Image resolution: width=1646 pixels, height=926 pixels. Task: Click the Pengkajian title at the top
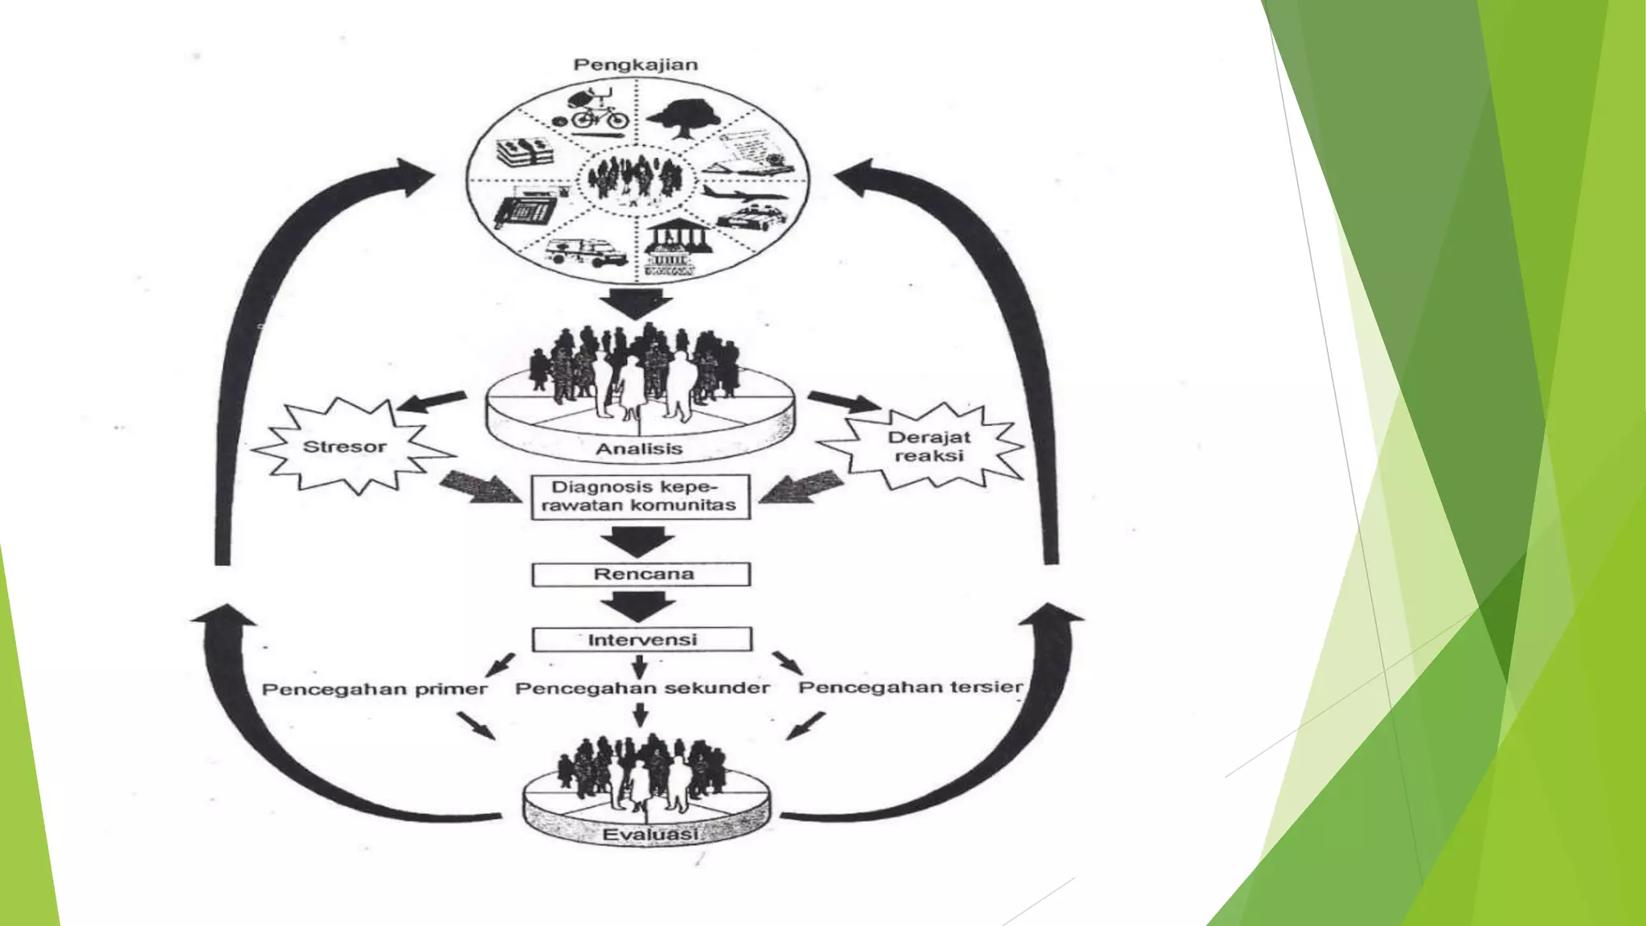pyautogui.click(x=635, y=65)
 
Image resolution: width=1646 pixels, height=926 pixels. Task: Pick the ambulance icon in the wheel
pyautogui.click(x=587, y=252)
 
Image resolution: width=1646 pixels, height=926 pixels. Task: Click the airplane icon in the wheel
pyautogui.click(x=744, y=195)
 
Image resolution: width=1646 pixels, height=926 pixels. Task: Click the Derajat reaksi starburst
pyautogui.click(x=928, y=447)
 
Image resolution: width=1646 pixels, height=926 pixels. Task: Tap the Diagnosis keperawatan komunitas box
pyautogui.click(x=641, y=497)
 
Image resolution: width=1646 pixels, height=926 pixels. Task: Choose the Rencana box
pyautogui.click(x=641, y=574)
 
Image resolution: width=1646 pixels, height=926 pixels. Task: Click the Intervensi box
pyautogui.click(x=641, y=640)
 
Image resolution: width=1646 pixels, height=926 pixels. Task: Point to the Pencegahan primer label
pyautogui.click(x=375, y=690)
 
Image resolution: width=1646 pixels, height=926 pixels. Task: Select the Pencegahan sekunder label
pyautogui.click(x=642, y=688)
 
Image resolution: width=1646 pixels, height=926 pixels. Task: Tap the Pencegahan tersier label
pyautogui.click(x=911, y=687)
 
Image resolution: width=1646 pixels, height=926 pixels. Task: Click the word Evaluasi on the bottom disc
pyautogui.click(x=649, y=834)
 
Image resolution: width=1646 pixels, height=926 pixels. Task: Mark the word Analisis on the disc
pyautogui.click(x=639, y=449)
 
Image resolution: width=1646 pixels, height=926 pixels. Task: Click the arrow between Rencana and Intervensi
pyautogui.click(x=639, y=606)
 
